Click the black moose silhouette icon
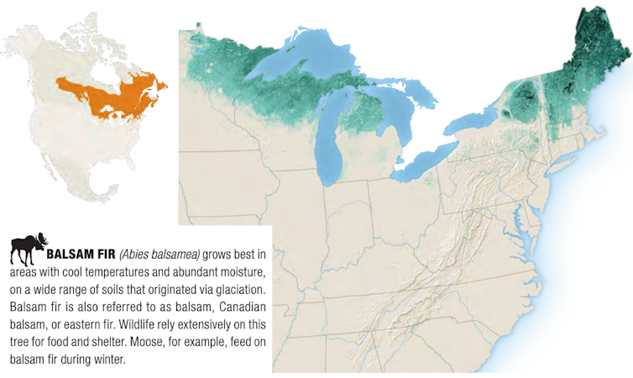pos(29,249)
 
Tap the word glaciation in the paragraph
pos(238,289)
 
